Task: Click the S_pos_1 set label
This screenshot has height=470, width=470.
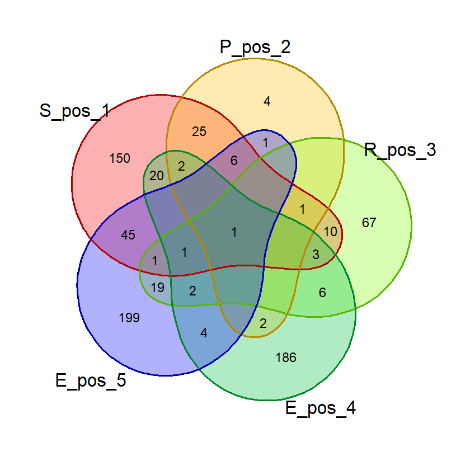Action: click(x=74, y=111)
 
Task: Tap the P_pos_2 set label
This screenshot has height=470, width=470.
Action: click(x=255, y=48)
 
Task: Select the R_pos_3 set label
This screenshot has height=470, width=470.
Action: click(x=400, y=150)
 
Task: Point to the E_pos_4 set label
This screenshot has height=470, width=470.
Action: click(x=321, y=408)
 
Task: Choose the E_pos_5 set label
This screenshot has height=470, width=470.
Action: click(x=91, y=380)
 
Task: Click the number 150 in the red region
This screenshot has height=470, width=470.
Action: click(x=120, y=158)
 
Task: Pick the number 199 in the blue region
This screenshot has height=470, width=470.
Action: click(x=129, y=318)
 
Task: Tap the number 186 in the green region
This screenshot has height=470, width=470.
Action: click(x=286, y=358)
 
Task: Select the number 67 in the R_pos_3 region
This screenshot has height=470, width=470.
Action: click(x=369, y=223)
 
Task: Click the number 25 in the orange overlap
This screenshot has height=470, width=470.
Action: click(x=199, y=131)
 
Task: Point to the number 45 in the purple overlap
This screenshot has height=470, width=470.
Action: click(x=128, y=235)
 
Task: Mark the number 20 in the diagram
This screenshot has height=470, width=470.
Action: click(x=157, y=176)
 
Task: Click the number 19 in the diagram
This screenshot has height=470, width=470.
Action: click(x=157, y=288)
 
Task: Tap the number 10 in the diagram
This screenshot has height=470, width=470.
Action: click(x=330, y=232)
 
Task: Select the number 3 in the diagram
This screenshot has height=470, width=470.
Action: click(x=316, y=255)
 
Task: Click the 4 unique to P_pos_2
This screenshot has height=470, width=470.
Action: click(x=267, y=101)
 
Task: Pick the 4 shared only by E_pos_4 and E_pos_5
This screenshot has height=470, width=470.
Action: click(x=204, y=333)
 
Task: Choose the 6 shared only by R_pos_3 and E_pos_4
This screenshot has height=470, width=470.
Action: click(x=322, y=293)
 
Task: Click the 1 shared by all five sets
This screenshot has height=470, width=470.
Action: click(x=234, y=232)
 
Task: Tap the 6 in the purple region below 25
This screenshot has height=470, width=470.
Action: click(x=234, y=161)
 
